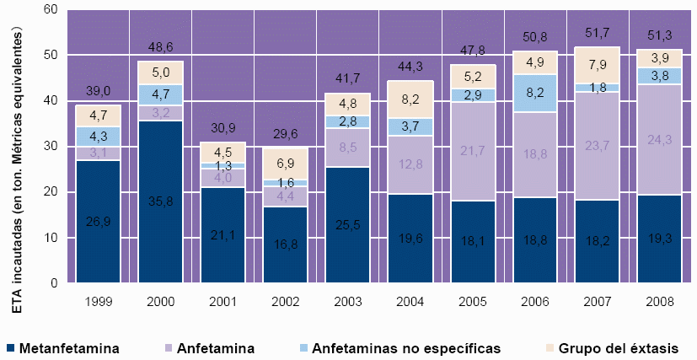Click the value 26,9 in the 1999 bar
pos(98,222)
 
